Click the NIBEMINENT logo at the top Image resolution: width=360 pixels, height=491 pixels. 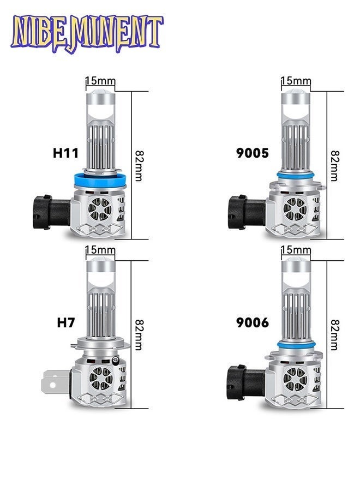(x=87, y=33)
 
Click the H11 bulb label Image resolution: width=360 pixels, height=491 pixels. (x=65, y=153)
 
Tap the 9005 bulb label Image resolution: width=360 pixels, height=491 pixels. (x=253, y=153)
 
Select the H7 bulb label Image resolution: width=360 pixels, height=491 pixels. (x=66, y=322)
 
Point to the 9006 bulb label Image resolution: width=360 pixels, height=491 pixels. (x=253, y=322)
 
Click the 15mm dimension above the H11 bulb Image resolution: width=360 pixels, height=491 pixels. (x=100, y=81)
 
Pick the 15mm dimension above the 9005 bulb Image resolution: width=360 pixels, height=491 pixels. (x=296, y=81)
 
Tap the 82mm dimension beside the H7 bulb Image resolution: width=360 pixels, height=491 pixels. (x=139, y=334)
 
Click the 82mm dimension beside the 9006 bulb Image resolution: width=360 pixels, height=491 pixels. (x=335, y=334)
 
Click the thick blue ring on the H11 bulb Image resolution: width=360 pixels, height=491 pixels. (x=100, y=181)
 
